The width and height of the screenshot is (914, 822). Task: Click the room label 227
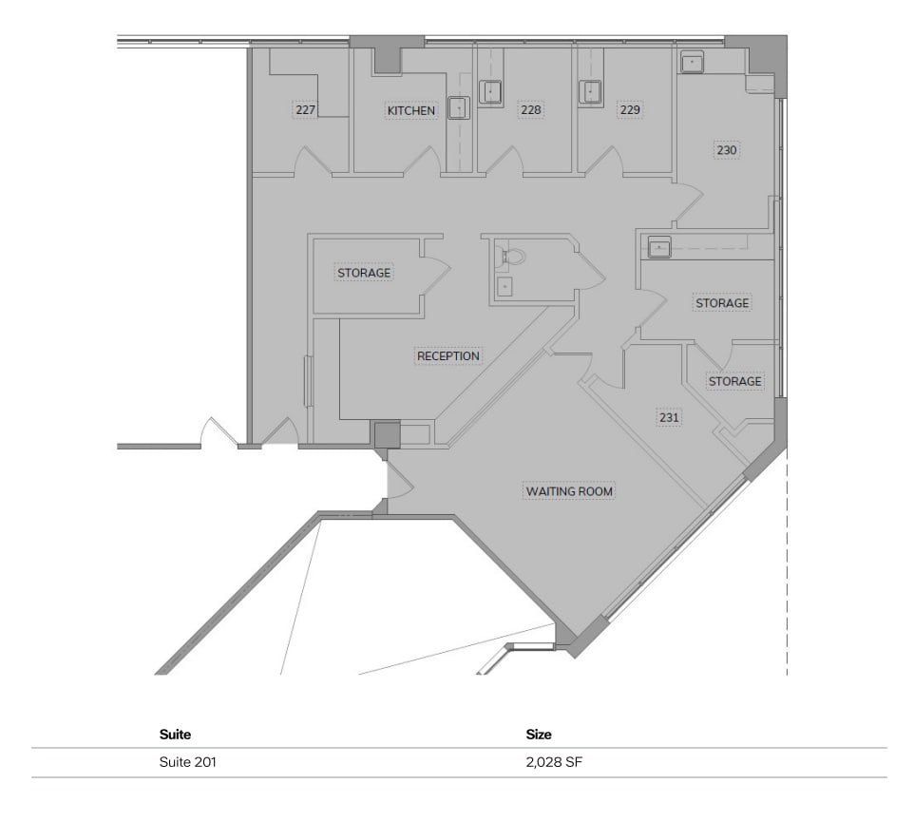pyautogui.click(x=305, y=110)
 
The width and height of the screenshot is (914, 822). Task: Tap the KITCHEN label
pyautogui.click(x=411, y=111)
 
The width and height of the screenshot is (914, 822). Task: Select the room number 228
pyautogui.click(x=530, y=110)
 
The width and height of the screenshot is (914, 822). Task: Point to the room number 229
pyautogui.click(x=629, y=110)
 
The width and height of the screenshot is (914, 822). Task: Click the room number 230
pyautogui.click(x=727, y=150)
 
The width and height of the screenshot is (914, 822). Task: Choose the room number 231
pyautogui.click(x=669, y=417)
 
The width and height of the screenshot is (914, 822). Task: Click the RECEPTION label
pyautogui.click(x=448, y=356)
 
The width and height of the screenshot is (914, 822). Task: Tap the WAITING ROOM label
pyautogui.click(x=569, y=491)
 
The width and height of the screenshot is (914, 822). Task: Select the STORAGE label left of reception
pyautogui.click(x=364, y=273)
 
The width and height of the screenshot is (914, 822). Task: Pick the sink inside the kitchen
pyautogui.click(x=458, y=108)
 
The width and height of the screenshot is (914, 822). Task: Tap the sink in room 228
pyautogui.click(x=490, y=92)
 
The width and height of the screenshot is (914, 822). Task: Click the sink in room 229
pyautogui.click(x=591, y=92)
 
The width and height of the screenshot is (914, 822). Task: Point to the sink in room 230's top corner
pyautogui.click(x=692, y=63)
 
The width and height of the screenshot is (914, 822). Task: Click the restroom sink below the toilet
pyautogui.click(x=505, y=286)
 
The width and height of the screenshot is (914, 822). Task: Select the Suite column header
pyautogui.click(x=175, y=735)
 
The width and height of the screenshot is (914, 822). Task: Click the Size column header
pyautogui.click(x=539, y=735)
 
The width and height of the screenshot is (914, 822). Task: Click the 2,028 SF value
pyautogui.click(x=554, y=762)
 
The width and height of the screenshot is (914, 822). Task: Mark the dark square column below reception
pyautogui.click(x=387, y=435)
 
